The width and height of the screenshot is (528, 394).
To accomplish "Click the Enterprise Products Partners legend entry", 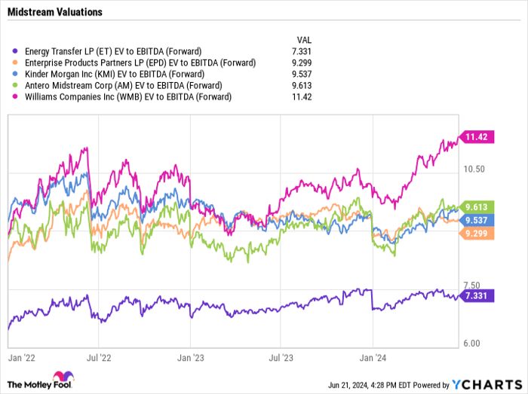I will [x=135, y=63].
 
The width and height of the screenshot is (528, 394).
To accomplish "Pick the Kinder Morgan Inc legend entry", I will [x=112, y=75].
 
